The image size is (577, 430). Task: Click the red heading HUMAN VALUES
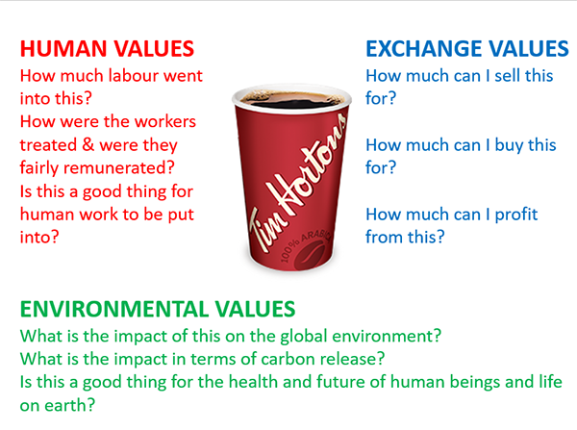coord(107,49)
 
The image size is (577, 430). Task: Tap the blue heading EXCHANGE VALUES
coord(467,49)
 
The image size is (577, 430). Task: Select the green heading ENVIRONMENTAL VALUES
coord(158,309)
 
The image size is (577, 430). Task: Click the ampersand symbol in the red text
coord(88,144)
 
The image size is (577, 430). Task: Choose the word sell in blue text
coord(508,75)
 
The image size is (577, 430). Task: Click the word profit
coord(516,215)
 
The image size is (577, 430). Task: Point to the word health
coord(253,382)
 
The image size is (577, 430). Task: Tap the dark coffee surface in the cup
coord(292,100)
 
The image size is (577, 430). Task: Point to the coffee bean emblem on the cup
coord(309,255)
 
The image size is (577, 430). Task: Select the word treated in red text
coord(49,144)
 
